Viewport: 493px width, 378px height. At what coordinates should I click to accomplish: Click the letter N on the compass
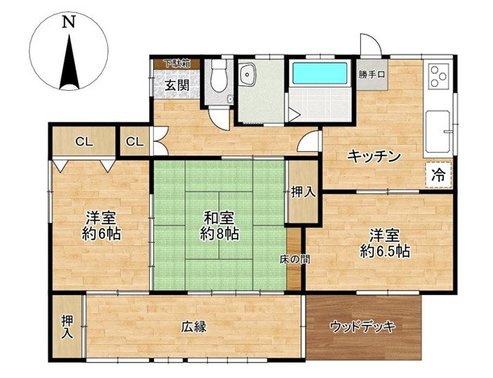pyautogui.click(x=68, y=23)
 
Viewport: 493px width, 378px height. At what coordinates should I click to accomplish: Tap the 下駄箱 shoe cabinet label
pyautogui.click(x=177, y=64)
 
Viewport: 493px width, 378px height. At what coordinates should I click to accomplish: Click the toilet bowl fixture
pyautogui.click(x=219, y=76)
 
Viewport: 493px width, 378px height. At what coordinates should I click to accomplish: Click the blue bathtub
pyautogui.click(x=320, y=73)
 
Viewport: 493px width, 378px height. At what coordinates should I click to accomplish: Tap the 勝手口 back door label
pyautogui.click(x=372, y=75)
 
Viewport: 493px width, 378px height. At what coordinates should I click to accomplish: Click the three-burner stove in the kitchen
pyautogui.click(x=438, y=76)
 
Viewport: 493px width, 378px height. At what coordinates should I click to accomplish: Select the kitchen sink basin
pyautogui.click(x=437, y=132)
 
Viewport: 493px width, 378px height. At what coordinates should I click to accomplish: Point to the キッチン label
pyautogui.click(x=374, y=156)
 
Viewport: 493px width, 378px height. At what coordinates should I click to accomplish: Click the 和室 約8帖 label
pyautogui.click(x=219, y=226)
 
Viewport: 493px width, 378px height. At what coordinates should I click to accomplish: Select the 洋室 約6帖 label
pyautogui.click(x=101, y=226)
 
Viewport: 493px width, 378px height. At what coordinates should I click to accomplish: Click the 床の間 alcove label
pyautogui.click(x=295, y=260)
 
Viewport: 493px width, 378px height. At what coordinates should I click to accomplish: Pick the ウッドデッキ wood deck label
pyautogui.click(x=362, y=327)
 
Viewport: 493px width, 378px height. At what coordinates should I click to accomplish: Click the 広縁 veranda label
pyautogui.click(x=193, y=327)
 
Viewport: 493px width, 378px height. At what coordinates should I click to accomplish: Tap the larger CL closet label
pyautogui.click(x=85, y=142)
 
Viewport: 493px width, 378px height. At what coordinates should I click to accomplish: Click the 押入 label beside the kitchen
pyautogui.click(x=303, y=192)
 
